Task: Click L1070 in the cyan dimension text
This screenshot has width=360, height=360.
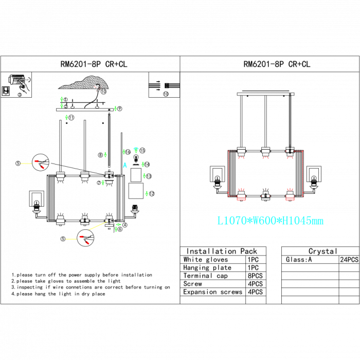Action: [x=231, y=221]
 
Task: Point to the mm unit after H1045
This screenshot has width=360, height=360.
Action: [x=318, y=221]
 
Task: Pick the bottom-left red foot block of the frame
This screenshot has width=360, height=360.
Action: [x=241, y=199]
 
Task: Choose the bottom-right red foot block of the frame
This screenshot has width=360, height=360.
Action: [x=290, y=199]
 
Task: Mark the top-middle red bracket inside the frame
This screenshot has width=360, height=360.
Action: [x=265, y=158]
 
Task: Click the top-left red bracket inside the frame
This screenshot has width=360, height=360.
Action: [x=241, y=158]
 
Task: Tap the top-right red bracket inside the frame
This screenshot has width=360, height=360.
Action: [x=290, y=158]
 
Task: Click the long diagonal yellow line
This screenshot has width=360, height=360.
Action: [x=98, y=226]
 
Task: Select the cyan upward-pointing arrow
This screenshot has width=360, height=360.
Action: [x=125, y=165]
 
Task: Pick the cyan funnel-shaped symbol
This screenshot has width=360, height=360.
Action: [x=136, y=150]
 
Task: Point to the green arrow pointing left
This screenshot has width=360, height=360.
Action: [x=118, y=225]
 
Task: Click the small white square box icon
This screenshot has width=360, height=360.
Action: [x=6, y=91]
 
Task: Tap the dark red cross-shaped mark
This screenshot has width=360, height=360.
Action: [x=97, y=88]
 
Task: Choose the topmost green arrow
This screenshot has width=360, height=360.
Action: [x=62, y=99]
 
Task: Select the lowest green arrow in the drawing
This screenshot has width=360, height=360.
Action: [x=116, y=229]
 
